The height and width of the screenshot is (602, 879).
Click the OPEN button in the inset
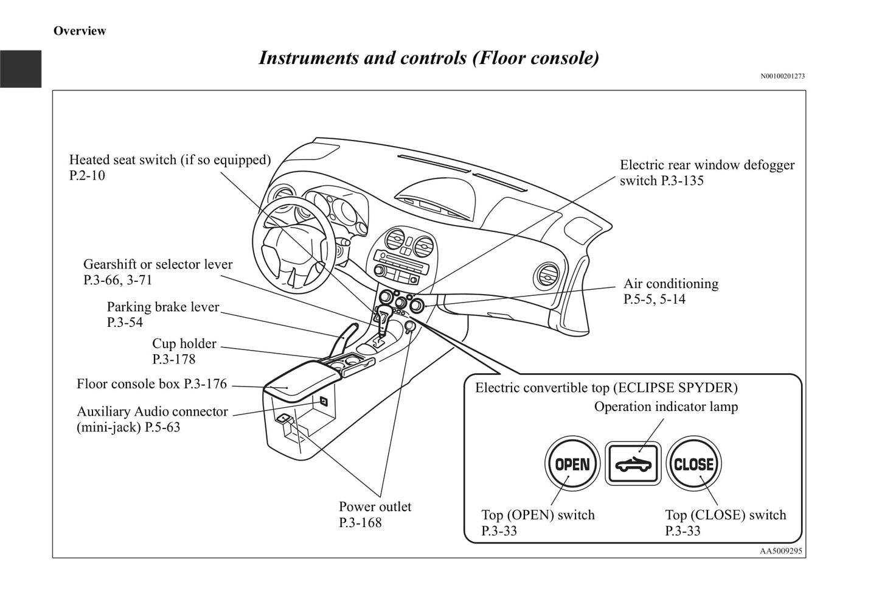click(x=572, y=464)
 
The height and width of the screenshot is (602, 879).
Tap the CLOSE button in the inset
click(x=693, y=464)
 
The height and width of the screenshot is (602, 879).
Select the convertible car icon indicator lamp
click(x=633, y=464)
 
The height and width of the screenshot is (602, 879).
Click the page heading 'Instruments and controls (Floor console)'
click(x=429, y=58)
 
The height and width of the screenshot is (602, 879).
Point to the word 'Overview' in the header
click(x=80, y=31)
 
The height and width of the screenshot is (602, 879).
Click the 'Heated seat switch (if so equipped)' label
click(x=170, y=160)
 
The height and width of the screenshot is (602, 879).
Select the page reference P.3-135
click(x=682, y=181)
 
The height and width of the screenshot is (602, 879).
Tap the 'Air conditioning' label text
click(x=670, y=284)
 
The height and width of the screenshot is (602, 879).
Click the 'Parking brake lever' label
click(x=163, y=307)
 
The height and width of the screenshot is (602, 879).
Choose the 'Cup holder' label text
click(x=184, y=344)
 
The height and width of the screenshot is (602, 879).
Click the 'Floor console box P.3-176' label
click(x=151, y=384)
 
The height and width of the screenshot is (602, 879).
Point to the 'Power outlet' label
click(x=375, y=507)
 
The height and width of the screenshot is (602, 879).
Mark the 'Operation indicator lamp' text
click(x=665, y=407)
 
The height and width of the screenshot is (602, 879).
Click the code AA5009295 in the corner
click(x=781, y=551)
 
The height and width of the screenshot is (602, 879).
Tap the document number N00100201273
click(x=782, y=77)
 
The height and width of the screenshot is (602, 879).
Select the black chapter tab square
click(x=21, y=69)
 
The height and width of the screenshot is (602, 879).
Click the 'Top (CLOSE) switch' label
click(x=725, y=515)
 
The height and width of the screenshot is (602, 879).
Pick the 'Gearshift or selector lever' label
click(x=158, y=265)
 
